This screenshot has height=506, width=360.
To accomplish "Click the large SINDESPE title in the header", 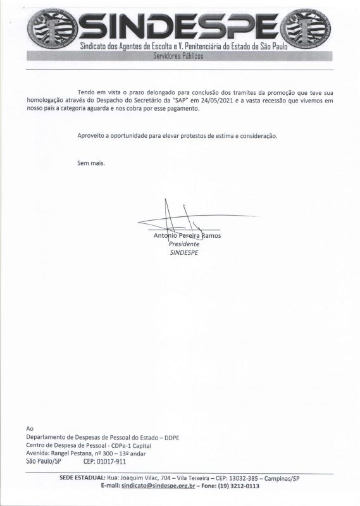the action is pos(180,25).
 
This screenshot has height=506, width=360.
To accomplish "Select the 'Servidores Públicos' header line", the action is pos(180,56).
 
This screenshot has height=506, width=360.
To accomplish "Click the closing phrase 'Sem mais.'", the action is pos(91,163).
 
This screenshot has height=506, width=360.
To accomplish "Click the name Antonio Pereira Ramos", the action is pos(192,235).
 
